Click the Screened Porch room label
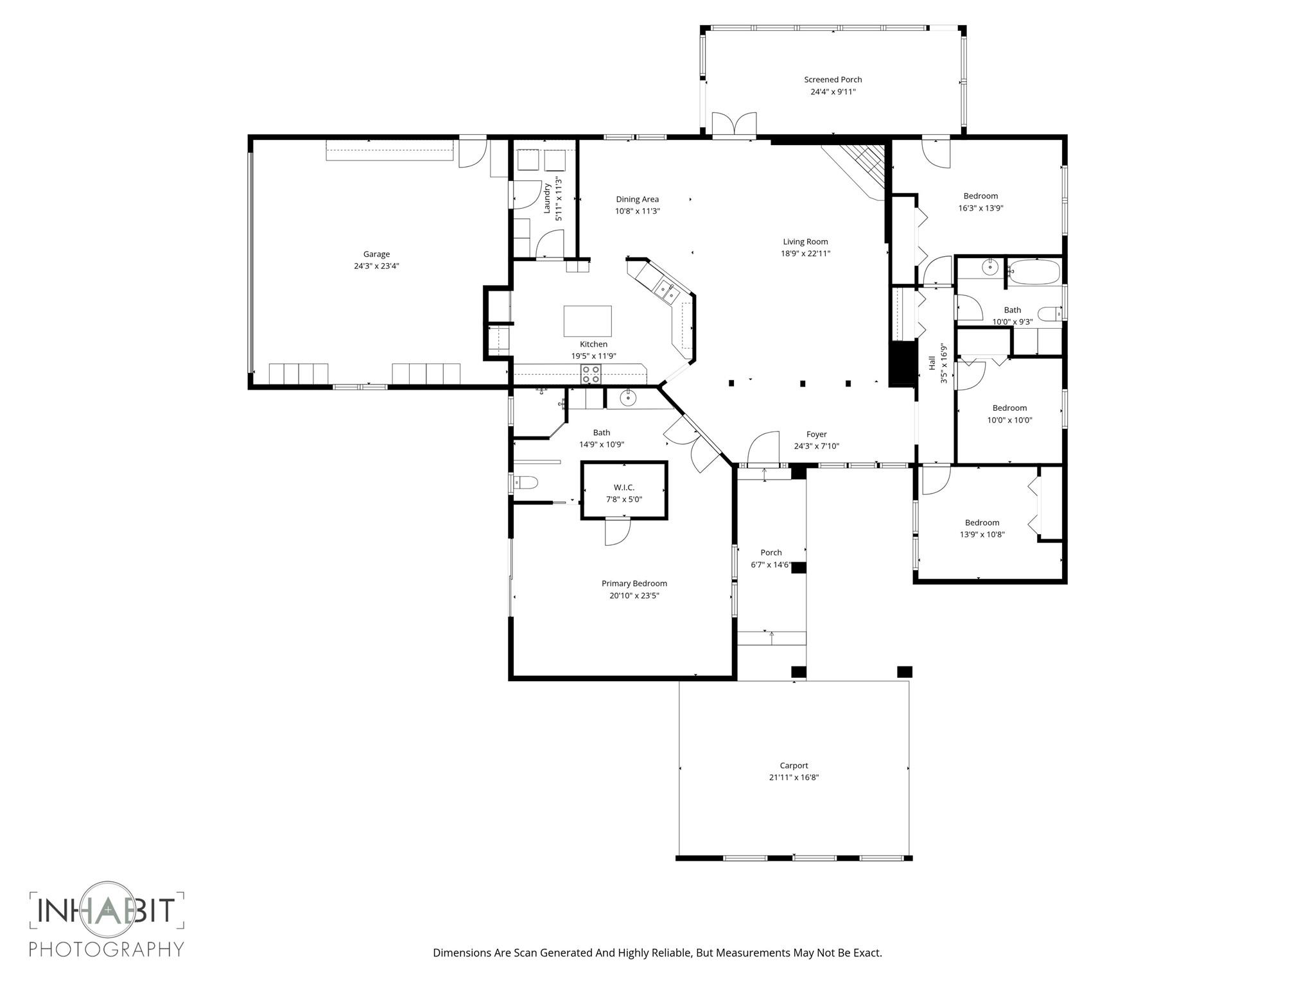(x=833, y=80)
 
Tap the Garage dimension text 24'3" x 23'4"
(x=376, y=266)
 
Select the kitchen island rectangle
(x=588, y=321)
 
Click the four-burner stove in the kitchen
(x=591, y=374)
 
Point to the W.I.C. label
(x=623, y=487)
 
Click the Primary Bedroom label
(x=634, y=584)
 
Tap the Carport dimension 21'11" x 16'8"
(x=794, y=777)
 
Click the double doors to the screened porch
(x=734, y=125)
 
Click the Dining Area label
(x=637, y=199)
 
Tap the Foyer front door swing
(x=764, y=448)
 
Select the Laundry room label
(x=547, y=199)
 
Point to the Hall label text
(x=932, y=363)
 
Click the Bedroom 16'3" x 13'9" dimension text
(x=980, y=208)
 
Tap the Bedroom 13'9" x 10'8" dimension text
(x=982, y=534)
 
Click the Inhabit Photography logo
(x=107, y=922)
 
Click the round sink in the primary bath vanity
(x=627, y=399)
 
